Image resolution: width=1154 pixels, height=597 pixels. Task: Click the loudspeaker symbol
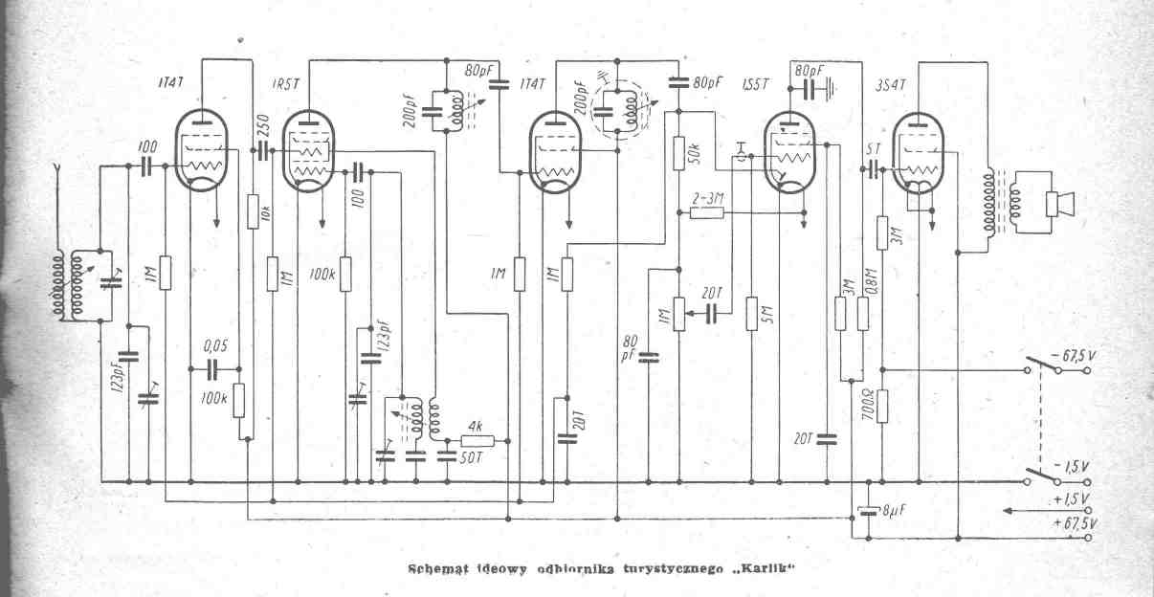(x=1059, y=203)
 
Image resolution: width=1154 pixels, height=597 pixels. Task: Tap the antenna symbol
(x=59, y=172)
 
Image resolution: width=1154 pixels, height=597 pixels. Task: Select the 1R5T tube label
(x=287, y=84)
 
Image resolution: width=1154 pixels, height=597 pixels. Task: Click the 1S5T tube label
(x=755, y=84)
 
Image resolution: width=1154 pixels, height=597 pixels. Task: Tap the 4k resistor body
(x=477, y=441)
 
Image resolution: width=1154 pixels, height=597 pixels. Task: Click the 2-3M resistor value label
(x=709, y=197)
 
